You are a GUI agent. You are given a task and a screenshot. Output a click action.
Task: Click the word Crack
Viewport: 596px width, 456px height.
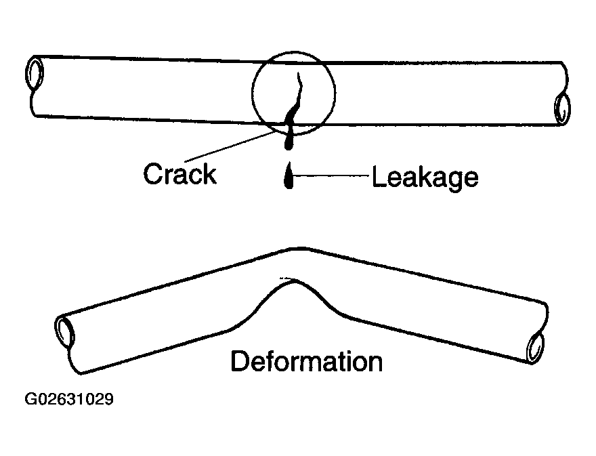179,173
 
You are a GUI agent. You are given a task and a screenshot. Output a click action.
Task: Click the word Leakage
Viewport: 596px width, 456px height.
425,178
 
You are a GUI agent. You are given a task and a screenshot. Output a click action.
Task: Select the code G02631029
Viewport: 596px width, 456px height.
69,399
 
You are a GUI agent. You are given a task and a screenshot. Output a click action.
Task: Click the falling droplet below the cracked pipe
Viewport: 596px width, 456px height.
289,178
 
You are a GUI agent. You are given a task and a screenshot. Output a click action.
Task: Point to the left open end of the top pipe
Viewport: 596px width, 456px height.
35,74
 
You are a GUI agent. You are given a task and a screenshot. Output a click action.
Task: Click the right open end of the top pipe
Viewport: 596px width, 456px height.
562,109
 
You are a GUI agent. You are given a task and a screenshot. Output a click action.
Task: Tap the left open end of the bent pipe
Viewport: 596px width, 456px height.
65,333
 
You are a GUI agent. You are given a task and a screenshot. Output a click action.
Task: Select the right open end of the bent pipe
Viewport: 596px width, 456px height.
534,348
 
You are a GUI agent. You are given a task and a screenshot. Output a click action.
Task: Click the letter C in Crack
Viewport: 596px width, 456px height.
153,173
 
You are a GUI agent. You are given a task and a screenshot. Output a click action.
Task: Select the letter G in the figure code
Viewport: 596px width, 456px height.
30,399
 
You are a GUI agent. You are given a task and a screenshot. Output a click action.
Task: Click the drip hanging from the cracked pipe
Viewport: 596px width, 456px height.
289,136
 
